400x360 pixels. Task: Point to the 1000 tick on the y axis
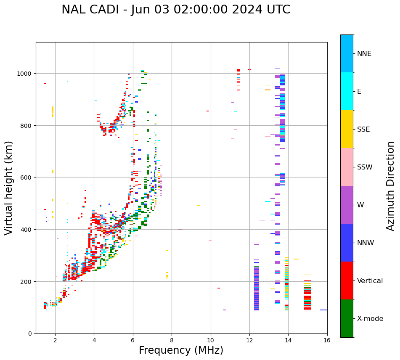click(x=26, y=74)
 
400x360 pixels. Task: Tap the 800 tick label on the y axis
click(x=26, y=125)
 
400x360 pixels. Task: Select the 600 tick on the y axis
click(x=26, y=177)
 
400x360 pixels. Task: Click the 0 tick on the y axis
click(x=30, y=334)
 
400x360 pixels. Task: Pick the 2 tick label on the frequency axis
click(x=55, y=340)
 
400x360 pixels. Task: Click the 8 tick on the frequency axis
click(x=172, y=340)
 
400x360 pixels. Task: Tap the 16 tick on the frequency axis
click(x=327, y=340)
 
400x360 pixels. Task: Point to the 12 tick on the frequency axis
click(x=249, y=340)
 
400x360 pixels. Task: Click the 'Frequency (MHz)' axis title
click(x=181, y=350)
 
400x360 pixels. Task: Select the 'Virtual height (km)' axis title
click(x=9, y=188)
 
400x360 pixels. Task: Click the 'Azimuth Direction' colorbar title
click(x=391, y=186)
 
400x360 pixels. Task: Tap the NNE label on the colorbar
click(x=364, y=54)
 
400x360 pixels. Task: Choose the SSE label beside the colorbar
click(x=363, y=130)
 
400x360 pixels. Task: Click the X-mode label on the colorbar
click(x=370, y=319)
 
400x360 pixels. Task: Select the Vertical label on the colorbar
click(x=370, y=281)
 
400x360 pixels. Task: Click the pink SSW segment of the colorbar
click(x=347, y=167)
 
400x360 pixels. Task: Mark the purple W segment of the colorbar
click(x=347, y=205)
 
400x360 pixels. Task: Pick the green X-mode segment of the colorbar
click(x=347, y=318)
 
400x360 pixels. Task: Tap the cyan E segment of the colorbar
click(x=347, y=91)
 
